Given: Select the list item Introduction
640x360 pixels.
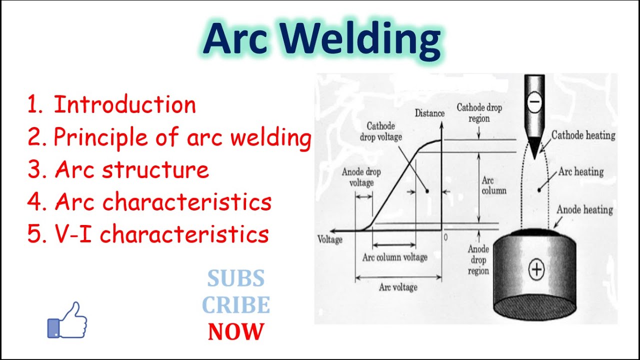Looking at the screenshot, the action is coord(111,104).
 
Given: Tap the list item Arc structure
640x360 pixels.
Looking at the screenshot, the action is coord(118,169).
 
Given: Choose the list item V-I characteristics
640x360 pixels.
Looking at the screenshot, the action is coord(148,233).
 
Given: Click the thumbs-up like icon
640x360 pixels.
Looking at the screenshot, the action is coord(67,320).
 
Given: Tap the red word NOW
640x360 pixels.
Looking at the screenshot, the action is coord(236,331).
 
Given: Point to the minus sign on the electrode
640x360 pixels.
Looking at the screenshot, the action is coord(534,101).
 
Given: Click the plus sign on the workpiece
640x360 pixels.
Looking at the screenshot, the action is coord(536,269).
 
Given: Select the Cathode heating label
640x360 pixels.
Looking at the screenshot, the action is coord(583,135).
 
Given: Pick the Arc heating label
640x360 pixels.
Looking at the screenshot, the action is coord(581,172).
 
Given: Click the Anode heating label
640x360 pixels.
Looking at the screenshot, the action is coord(584,209).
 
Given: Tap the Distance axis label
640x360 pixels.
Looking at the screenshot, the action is coord(429,113).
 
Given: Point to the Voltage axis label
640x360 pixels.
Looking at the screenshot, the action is coord(330,239).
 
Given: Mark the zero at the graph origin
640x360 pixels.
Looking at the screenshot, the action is coord(445,237).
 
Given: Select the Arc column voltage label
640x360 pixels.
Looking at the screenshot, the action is coord(395,257).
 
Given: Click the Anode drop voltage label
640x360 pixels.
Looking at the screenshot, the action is coord(361,177).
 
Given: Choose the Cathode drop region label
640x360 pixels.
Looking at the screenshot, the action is coord(479,113).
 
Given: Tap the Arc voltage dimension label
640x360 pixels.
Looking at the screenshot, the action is coord(398,287).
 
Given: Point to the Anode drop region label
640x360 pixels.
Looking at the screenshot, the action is coord(478,260).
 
